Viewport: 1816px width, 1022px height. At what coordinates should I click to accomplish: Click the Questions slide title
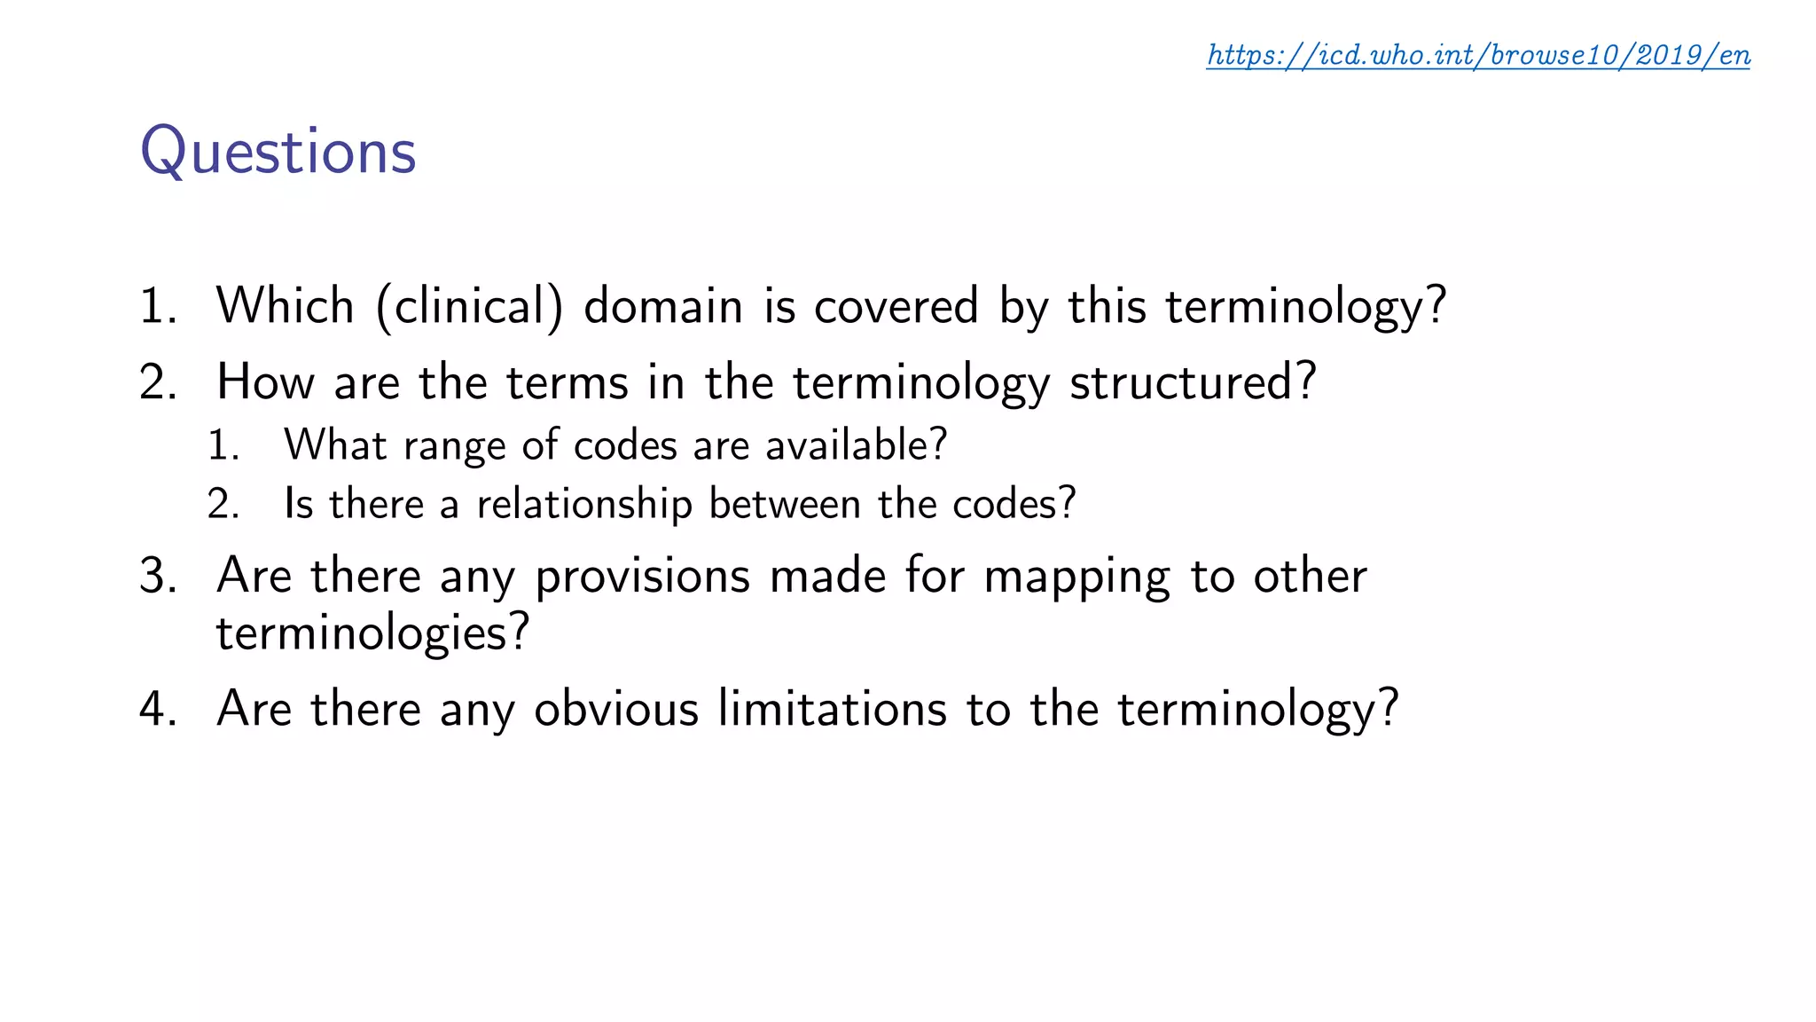pos(278,152)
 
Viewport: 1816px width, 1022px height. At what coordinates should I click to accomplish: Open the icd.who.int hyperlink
pos(1478,55)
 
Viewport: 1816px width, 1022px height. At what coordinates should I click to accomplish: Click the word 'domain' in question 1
pos(662,306)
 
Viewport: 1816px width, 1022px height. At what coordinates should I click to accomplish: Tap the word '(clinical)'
pos(469,307)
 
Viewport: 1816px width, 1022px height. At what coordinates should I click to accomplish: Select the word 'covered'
pos(896,306)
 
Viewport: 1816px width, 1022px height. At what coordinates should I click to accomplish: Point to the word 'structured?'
pos(1193,382)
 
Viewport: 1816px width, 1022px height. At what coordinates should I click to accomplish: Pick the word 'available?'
pos(857,444)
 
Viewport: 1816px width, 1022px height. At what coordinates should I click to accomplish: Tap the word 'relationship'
pos(583,505)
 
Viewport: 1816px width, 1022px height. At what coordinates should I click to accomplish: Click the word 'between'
pos(785,505)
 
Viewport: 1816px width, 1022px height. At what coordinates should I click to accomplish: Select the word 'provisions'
pos(643,577)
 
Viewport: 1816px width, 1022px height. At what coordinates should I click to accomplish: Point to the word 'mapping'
pos(1076,577)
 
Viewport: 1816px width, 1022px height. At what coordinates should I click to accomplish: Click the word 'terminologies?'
pos(372,633)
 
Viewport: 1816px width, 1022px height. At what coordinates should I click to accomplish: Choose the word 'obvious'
pos(616,709)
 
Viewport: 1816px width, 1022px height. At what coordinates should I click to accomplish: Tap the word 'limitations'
pos(833,709)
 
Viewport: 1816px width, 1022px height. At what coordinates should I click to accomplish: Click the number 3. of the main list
pos(159,576)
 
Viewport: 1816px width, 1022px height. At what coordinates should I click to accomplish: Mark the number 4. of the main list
pos(159,709)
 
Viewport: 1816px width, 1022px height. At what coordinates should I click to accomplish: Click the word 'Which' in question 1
pos(285,306)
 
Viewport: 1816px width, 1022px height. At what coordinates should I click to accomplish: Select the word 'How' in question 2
pos(265,382)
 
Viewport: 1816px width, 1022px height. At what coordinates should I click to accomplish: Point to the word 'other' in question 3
pos(1310,576)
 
